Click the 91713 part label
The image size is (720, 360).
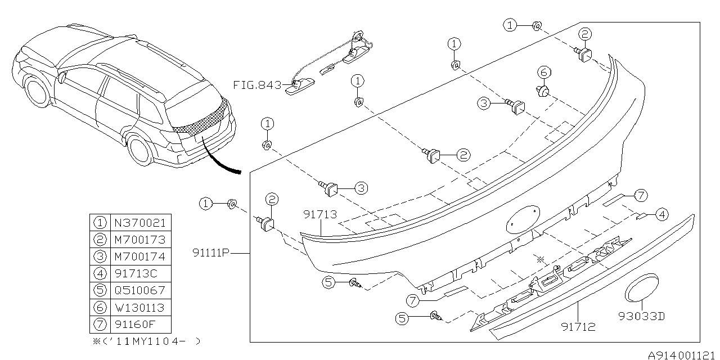(321, 214)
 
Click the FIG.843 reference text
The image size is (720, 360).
(258, 85)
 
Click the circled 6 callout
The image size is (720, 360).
(543, 72)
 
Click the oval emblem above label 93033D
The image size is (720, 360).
(642, 290)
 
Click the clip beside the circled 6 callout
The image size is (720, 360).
(543, 90)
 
